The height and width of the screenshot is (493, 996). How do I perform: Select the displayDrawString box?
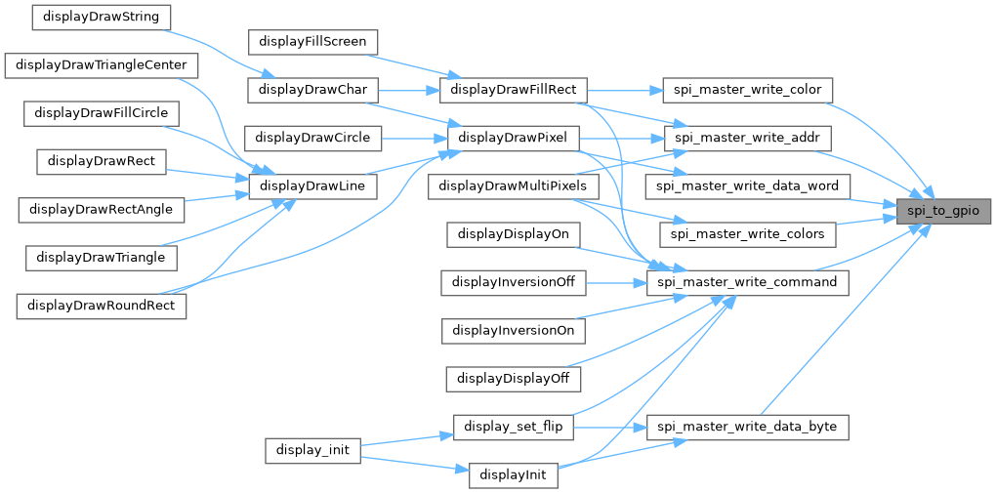(101, 17)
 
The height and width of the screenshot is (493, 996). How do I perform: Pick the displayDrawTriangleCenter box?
(103, 64)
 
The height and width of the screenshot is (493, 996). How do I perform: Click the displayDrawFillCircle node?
(101, 113)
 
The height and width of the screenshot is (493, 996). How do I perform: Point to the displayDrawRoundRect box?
(103, 305)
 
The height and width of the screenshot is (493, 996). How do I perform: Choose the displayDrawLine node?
(312, 185)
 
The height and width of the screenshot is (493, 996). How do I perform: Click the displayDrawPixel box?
(512, 137)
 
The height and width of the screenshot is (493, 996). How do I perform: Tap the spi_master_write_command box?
(747, 282)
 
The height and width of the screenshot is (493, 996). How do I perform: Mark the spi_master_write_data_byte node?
(747, 427)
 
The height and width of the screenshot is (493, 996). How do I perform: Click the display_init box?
(312, 451)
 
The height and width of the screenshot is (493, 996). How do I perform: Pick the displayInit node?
(513, 475)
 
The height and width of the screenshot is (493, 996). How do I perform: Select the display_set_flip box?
(513, 427)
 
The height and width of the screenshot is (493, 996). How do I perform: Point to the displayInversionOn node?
(513, 330)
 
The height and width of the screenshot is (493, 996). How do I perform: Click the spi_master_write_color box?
(747, 90)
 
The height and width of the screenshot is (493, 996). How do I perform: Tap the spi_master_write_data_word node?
(747, 185)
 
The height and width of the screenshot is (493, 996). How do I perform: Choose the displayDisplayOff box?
(513, 378)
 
